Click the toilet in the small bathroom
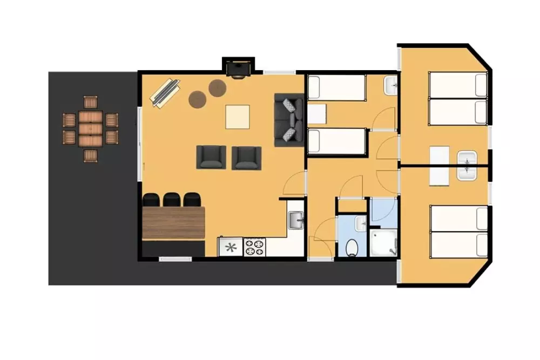coord(352,247)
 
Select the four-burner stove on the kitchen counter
coord(254,247)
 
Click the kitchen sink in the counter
coord(295,220)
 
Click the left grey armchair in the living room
coord(211,157)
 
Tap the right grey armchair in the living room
coord(246,158)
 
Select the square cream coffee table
coord(238,117)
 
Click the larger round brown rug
coord(197,99)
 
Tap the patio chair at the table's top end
coord(90,102)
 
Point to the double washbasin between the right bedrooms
coord(466,165)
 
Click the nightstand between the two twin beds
coord(317,114)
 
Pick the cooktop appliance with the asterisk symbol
coord(231,248)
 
